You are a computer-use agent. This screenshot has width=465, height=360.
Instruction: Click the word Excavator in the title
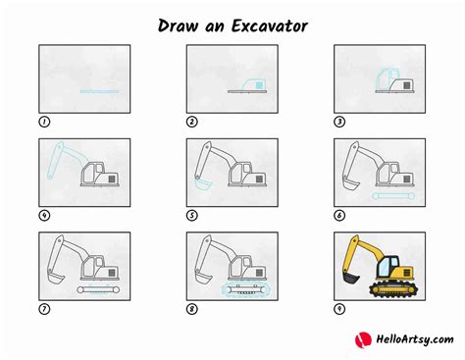[270, 26]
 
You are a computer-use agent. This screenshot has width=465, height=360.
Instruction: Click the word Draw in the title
[178, 26]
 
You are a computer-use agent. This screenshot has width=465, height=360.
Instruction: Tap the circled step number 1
[44, 122]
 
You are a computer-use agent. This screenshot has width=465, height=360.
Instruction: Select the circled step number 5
[192, 216]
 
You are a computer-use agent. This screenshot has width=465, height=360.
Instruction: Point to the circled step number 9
[339, 309]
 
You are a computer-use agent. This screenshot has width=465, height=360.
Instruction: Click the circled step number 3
[339, 122]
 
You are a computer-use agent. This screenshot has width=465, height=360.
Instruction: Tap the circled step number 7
[44, 309]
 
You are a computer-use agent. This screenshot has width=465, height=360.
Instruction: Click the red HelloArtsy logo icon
[363, 339]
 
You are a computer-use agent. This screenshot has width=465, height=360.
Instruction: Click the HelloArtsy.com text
[415, 339]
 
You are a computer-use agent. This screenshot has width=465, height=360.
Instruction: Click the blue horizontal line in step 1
[99, 92]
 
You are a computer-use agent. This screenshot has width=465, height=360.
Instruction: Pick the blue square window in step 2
[259, 85]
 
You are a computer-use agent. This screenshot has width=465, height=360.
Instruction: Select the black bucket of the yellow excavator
[350, 278]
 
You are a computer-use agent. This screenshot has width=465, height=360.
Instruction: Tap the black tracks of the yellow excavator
[394, 289]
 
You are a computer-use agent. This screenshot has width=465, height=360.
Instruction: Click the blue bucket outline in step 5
[203, 185]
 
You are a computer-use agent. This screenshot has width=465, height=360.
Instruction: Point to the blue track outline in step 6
[393, 196]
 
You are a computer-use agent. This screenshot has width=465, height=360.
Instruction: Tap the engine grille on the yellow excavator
[407, 273]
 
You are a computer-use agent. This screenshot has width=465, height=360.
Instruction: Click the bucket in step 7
[56, 279]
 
